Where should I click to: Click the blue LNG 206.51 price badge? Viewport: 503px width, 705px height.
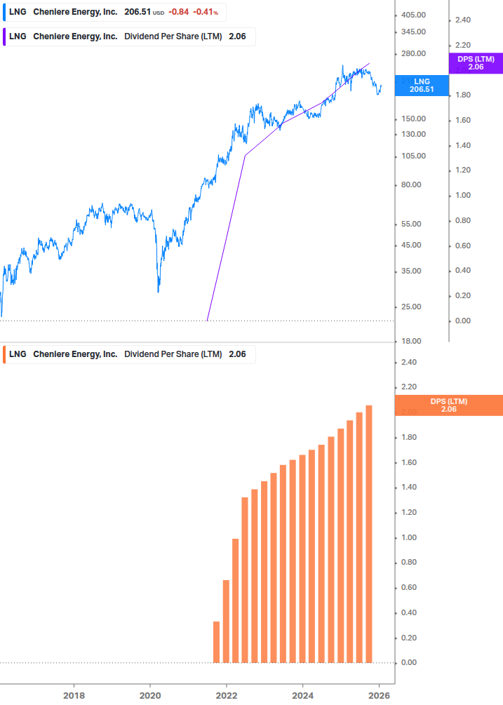point(422,86)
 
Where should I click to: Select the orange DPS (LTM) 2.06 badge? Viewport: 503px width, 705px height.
point(449,405)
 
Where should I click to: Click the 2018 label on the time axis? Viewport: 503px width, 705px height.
point(74,696)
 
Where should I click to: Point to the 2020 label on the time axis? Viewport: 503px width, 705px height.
point(150,696)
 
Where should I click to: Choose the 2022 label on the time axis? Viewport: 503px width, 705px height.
point(227,696)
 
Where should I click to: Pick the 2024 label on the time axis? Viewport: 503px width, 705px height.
point(302,696)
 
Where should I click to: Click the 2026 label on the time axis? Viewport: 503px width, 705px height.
point(379,696)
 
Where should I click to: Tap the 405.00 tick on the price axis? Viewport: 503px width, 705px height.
point(413,15)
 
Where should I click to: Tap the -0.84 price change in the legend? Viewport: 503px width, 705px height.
point(179,12)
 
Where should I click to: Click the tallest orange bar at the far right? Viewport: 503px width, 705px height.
point(369,533)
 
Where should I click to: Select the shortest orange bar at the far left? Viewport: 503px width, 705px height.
point(216,642)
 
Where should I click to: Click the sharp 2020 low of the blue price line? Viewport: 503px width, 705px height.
point(159,291)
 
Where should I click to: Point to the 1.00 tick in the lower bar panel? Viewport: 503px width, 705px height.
point(410,537)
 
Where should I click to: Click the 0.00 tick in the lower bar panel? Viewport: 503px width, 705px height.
point(410,662)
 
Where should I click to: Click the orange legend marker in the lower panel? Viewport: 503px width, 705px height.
point(5,354)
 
